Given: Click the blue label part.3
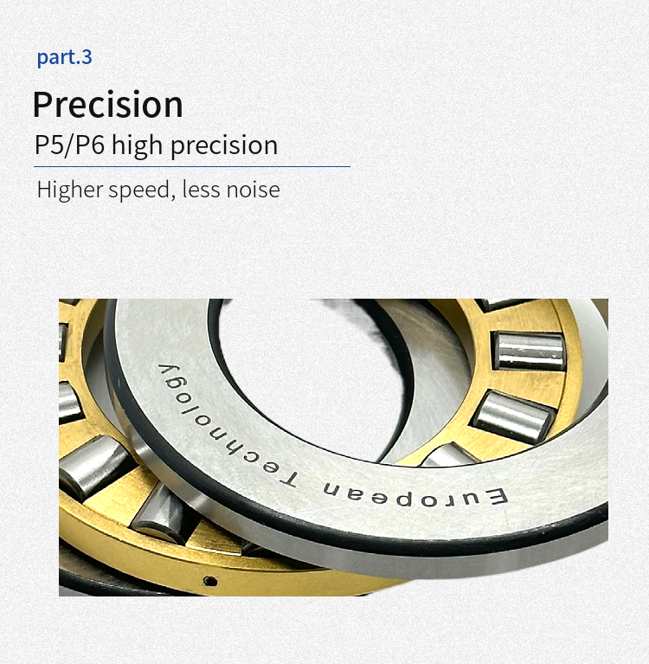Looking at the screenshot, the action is tap(64, 57).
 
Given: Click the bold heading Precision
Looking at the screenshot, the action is tap(108, 104).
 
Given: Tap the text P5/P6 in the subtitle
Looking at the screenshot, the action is tap(69, 145).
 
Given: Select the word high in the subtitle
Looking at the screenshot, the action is tap(138, 146).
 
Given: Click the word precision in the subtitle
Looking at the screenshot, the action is tap(224, 146).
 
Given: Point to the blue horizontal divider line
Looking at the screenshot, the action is tap(192, 166).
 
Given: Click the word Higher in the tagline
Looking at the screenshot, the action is tap(70, 190).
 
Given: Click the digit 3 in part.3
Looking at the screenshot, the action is tap(87, 56).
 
